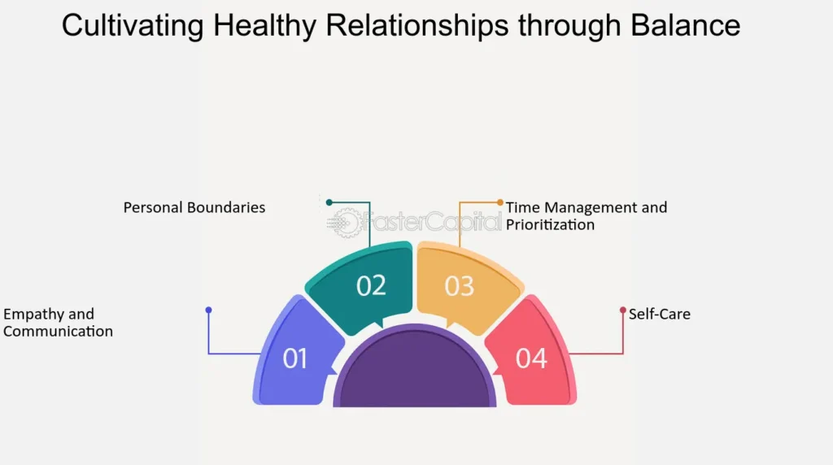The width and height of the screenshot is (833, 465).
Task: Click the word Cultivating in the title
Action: [x=133, y=25]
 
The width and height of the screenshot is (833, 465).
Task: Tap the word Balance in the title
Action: [x=685, y=25]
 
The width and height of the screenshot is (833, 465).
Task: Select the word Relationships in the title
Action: [x=417, y=25]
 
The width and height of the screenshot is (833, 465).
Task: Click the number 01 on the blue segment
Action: [x=294, y=359]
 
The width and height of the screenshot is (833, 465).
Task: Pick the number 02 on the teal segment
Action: [x=371, y=285]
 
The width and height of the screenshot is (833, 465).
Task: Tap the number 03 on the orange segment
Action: [x=459, y=286]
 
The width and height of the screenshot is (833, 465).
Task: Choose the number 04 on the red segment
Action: [x=531, y=359]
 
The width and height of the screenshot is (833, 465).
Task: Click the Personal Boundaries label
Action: [x=194, y=207]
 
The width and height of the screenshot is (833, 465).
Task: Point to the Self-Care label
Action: [x=660, y=315]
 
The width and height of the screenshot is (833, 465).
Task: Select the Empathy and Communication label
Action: [x=58, y=323]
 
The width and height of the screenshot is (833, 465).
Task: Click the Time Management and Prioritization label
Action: [x=587, y=216]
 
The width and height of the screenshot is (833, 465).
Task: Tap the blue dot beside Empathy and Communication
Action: [x=209, y=310]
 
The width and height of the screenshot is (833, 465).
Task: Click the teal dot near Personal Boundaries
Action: [x=329, y=202]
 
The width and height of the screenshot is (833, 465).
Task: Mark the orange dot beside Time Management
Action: [x=500, y=202]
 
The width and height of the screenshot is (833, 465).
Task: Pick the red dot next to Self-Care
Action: [x=623, y=310]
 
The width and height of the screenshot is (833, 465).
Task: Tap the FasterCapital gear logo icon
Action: [x=344, y=223]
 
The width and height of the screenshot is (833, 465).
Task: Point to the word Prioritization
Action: [x=551, y=225]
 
